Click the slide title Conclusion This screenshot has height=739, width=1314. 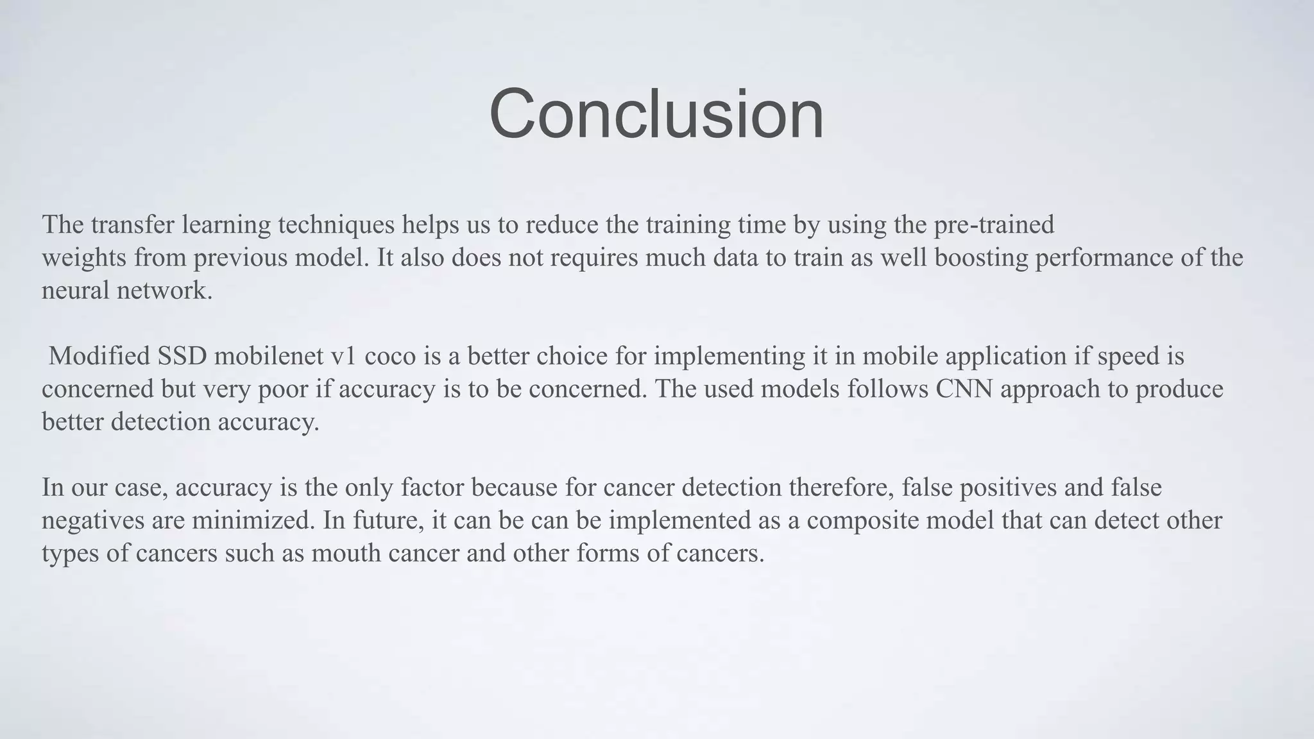click(x=656, y=114)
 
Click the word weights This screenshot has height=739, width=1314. click(x=84, y=258)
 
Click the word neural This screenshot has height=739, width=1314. click(x=75, y=291)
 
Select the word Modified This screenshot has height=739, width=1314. click(x=99, y=356)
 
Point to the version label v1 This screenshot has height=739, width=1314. click(x=343, y=356)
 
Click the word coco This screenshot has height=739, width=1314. click(x=390, y=356)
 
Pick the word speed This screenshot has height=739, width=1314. click(x=1127, y=356)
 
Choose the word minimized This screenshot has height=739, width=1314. click(x=253, y=520)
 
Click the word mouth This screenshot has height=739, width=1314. click(x=347, y=553)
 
